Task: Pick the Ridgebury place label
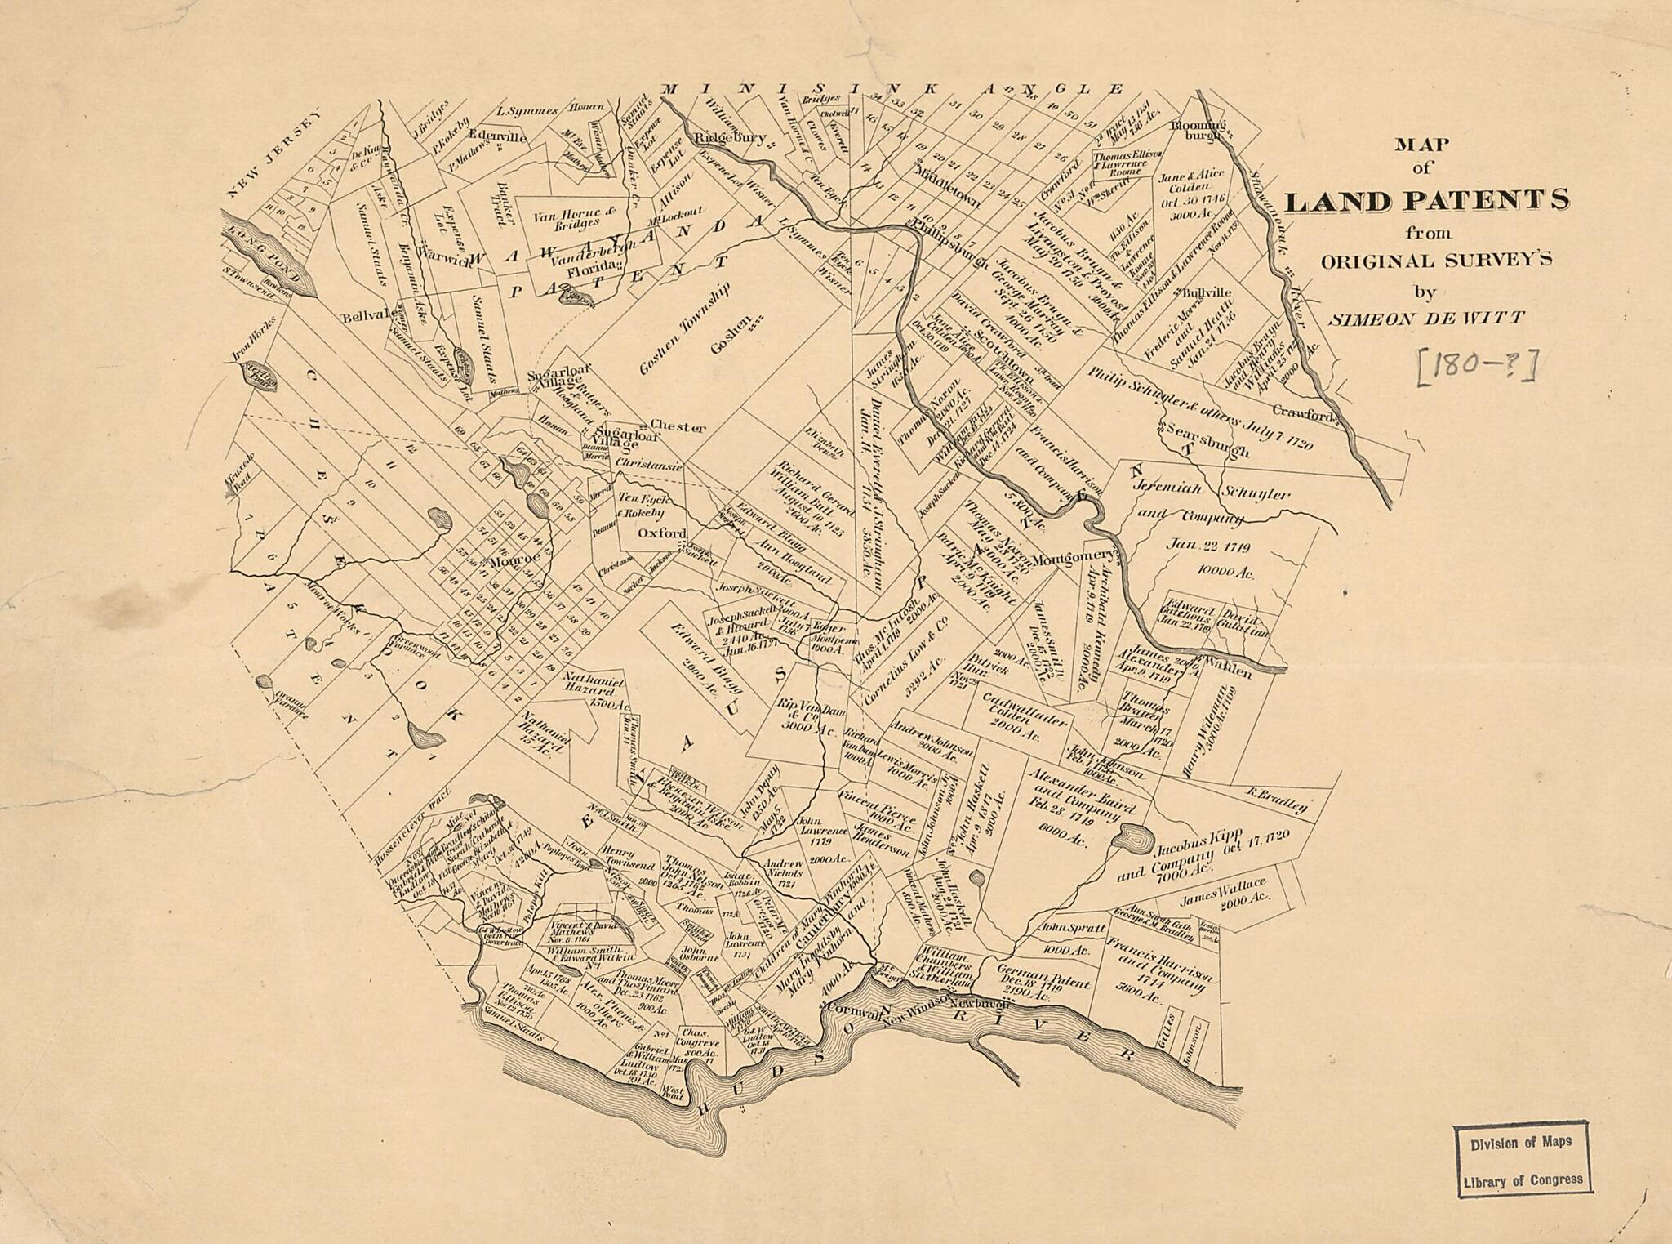point(730,138)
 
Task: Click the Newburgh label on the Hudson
point(979,1003)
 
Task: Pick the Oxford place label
point(661,533)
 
